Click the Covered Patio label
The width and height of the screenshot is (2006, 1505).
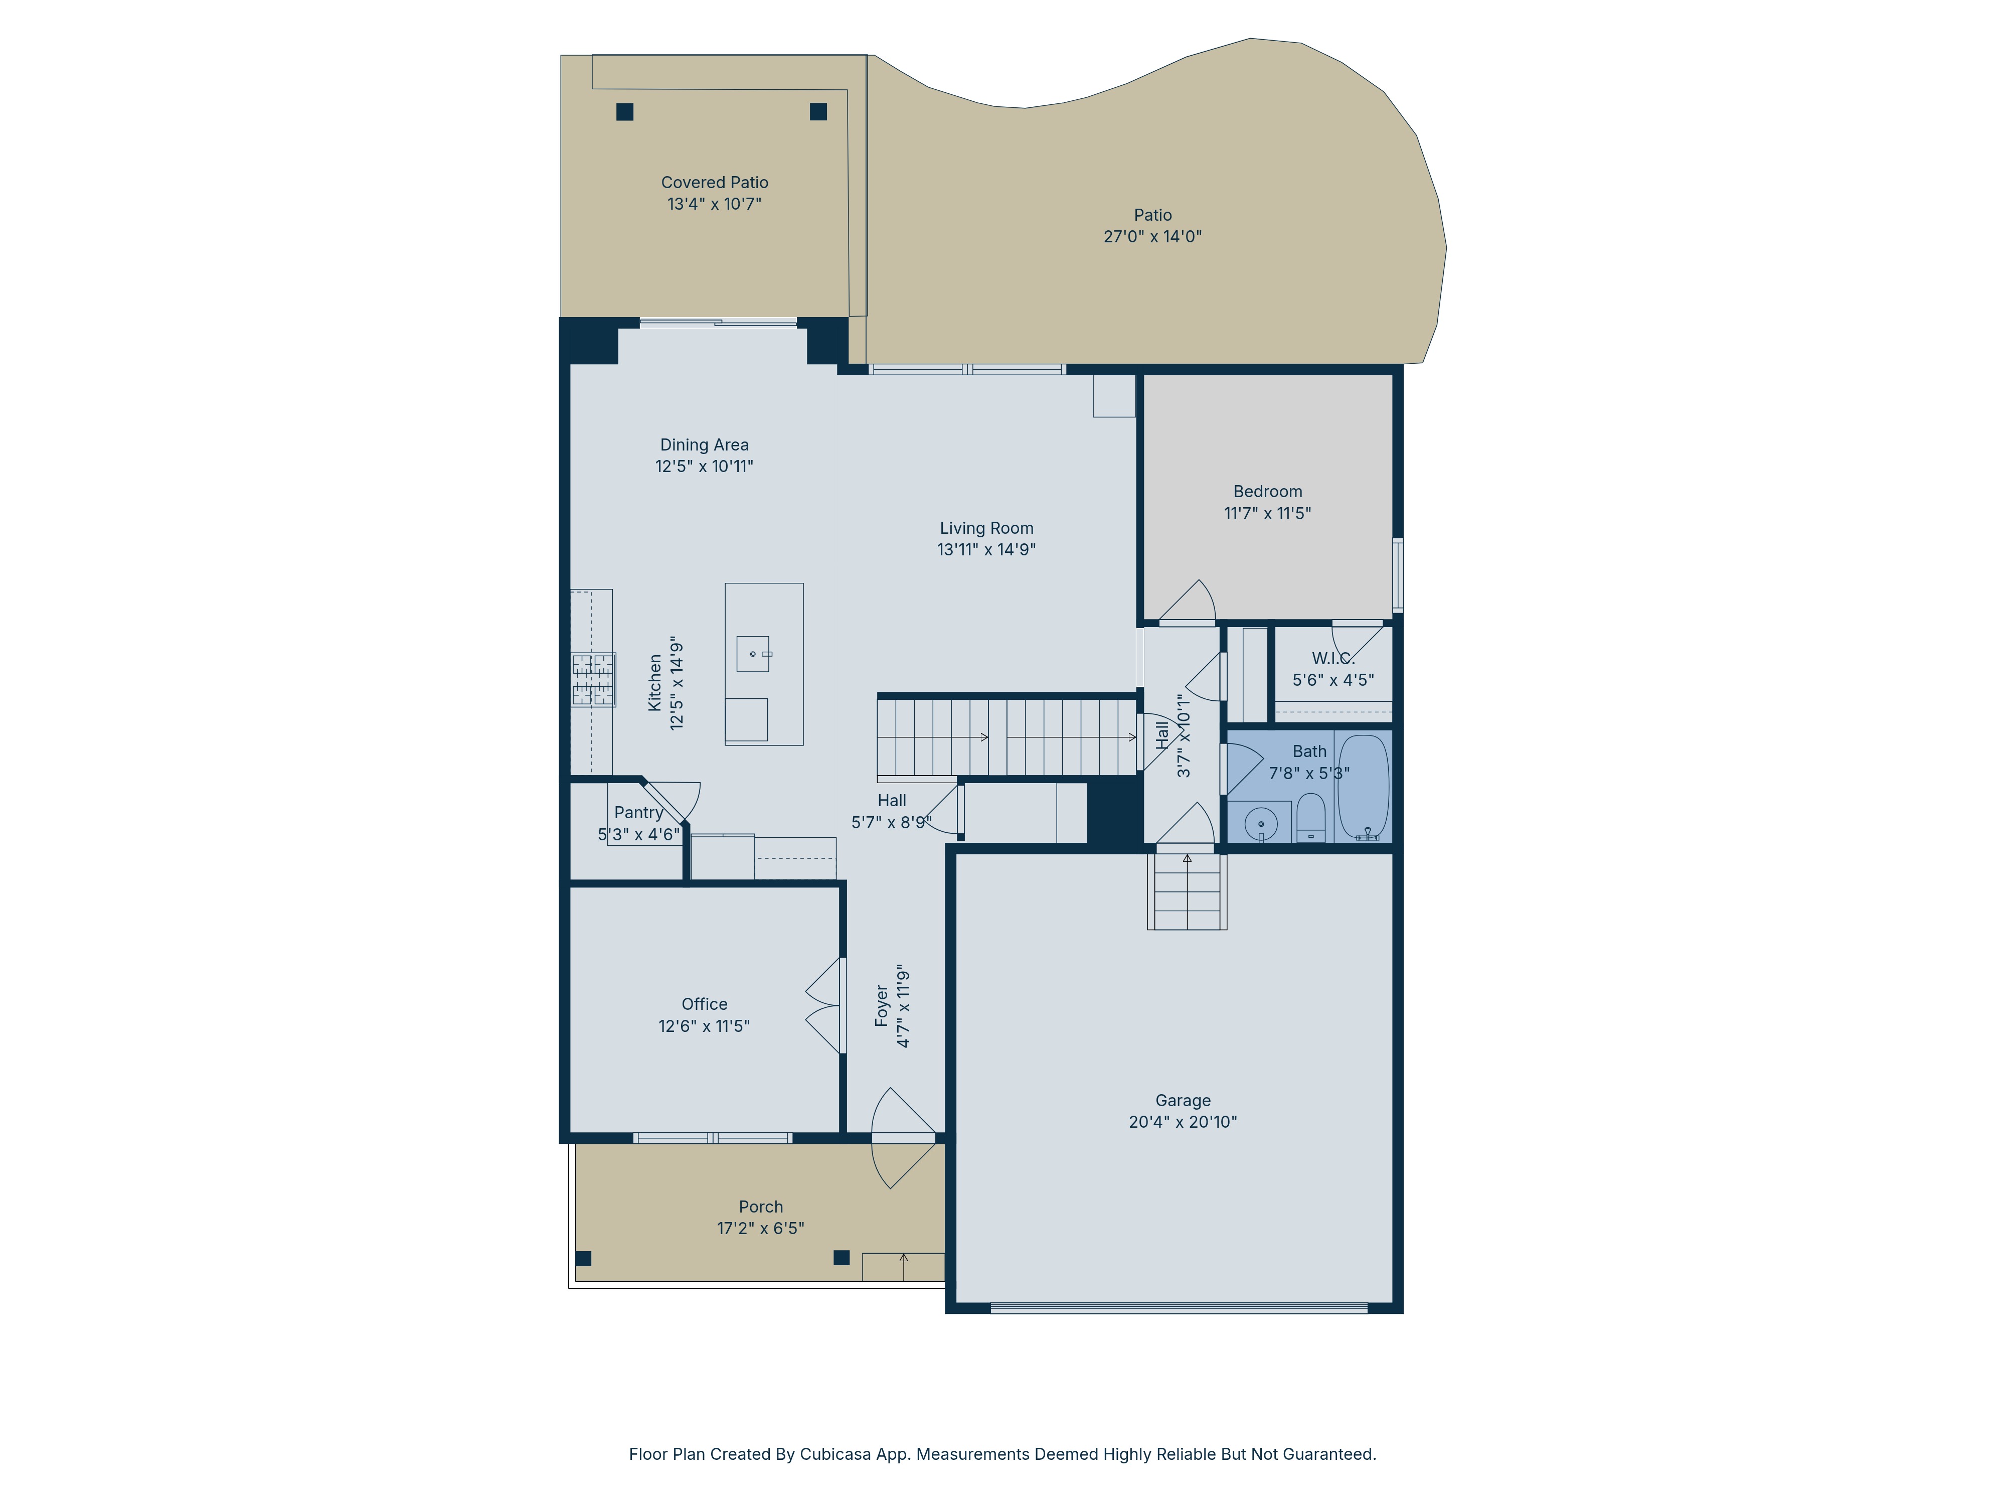(715, 182)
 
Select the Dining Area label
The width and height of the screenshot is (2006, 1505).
(705, 444)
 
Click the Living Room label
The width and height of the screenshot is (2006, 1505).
(986, 528)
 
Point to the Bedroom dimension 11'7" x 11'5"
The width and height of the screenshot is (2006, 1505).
(1268, 514)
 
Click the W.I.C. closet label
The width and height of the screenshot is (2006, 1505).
(1333, 659)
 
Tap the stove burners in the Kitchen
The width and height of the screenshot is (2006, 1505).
(593, 679)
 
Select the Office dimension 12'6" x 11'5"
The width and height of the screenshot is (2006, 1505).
(705, 1026)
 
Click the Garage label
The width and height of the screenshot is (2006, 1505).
(1183, 1100)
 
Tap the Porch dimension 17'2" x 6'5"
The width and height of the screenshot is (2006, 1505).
(761, 1228)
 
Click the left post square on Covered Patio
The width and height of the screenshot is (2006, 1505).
(625, 111)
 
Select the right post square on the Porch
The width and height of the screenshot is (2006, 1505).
(842, 1257)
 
